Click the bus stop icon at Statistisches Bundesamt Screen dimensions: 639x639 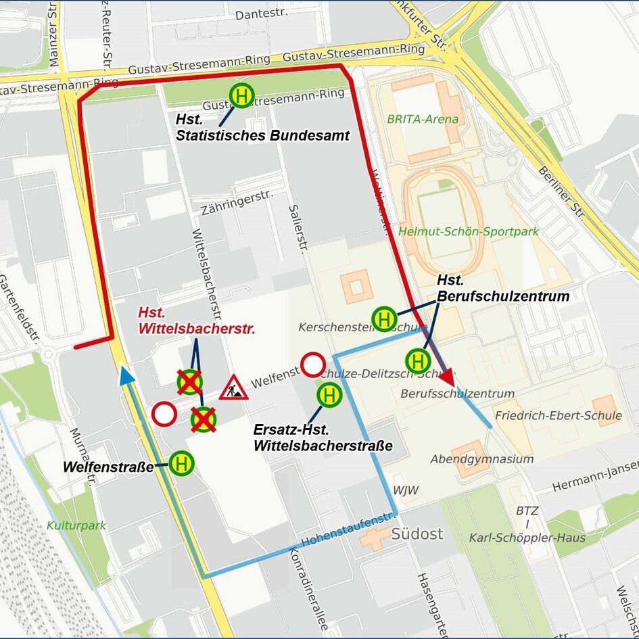click(x=241, y=95)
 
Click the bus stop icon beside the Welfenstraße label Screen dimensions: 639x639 click(x=181, y=464)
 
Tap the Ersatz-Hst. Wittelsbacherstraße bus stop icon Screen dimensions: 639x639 click(x=329, y=394)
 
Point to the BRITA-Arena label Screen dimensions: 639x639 click(x=423, y=119)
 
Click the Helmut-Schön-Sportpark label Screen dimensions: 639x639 click(x=469, y=231)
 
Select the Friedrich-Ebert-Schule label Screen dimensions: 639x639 click(x=558, y=415)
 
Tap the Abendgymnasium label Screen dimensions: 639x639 click(x=481, y=459)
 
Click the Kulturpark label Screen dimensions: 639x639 click(x=76, y=525)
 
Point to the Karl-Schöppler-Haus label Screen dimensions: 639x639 click(x=527, y=538)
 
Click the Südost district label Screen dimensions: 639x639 click(x=417, y=534)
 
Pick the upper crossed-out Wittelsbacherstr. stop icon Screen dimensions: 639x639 click(x=190, y=382)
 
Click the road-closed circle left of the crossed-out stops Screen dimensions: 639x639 click(x=165, y=414)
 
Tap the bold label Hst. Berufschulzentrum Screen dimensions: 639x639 click(x=502, y=288)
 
